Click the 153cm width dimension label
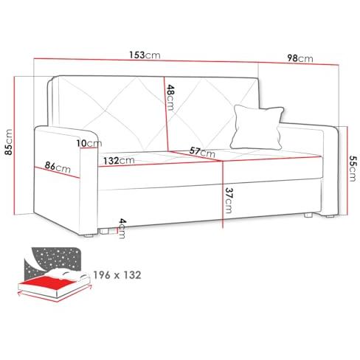tap(145, 55)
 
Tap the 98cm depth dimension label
tap(300, 58)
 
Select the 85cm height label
tap(8, 142)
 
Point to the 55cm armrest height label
tap(352, 168)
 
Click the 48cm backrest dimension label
tap(170, 97)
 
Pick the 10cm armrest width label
tap(89, 143)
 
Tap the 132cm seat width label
tap(119, 161)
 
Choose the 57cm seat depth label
tap(202, 152)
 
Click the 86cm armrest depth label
tap(58, 167)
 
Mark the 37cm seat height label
tap(228, 201)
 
